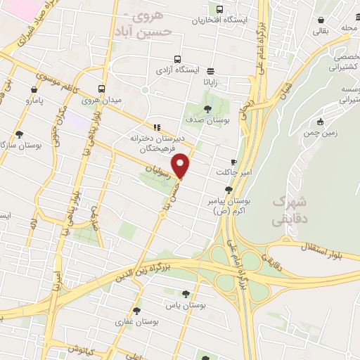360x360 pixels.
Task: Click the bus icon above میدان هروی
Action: (x=102, y=89)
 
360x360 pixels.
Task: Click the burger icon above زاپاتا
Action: (x=210, y=70)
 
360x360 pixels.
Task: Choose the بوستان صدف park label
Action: (x=207, y=120)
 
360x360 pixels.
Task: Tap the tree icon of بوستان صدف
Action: (x=207, y=108)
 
